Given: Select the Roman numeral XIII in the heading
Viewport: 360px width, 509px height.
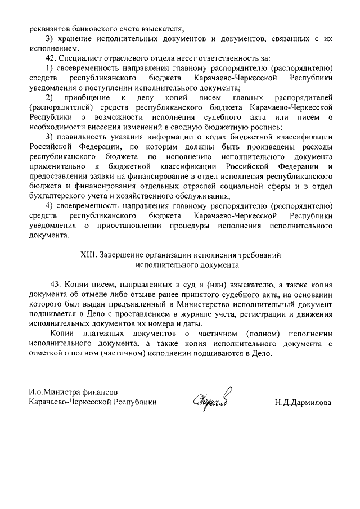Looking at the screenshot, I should [89, 254].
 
